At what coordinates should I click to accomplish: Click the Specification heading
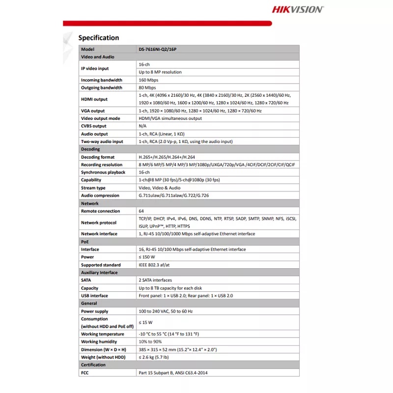99,38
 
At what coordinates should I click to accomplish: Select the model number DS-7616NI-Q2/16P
159,49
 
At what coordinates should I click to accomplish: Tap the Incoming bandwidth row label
102,80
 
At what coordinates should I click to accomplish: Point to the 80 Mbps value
147,87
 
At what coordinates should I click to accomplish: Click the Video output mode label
100,118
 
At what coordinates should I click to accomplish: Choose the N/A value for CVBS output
142,126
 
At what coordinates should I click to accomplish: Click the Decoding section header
90,149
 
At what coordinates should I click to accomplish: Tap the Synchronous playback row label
103,172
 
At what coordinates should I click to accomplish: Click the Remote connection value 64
141,211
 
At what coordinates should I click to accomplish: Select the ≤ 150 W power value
147,257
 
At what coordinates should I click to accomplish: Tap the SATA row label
86,280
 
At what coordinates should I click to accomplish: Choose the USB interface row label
94,296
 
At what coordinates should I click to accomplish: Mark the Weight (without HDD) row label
103,357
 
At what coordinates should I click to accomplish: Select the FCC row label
85,373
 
